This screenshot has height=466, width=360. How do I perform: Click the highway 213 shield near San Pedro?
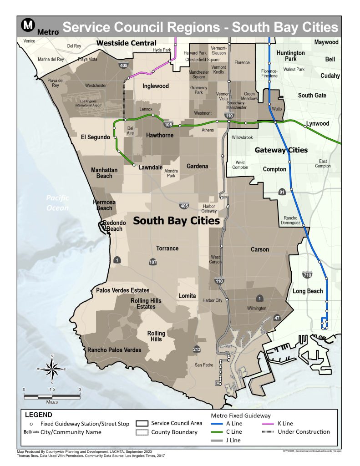(x=197, y=349)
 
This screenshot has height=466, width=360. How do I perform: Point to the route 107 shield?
(x=153, y=262)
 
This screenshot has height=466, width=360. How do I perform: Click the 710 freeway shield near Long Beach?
(x=307, y=275)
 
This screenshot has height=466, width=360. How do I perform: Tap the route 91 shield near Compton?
(x=283, y=192)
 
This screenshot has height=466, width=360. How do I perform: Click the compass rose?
(x=52, y=369)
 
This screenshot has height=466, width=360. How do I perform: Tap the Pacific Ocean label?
(x=57, y=203)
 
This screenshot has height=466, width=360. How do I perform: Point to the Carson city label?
(x=260, y=249)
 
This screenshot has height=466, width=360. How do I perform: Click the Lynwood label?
(x=317, y=124)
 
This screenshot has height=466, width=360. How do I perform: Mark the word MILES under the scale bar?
(x=52, y=402)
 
